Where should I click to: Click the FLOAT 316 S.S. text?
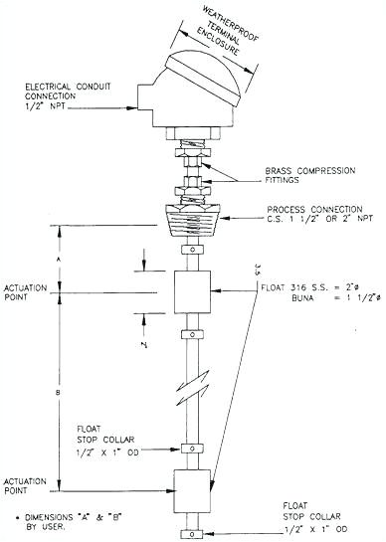click(x=298, y=285)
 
